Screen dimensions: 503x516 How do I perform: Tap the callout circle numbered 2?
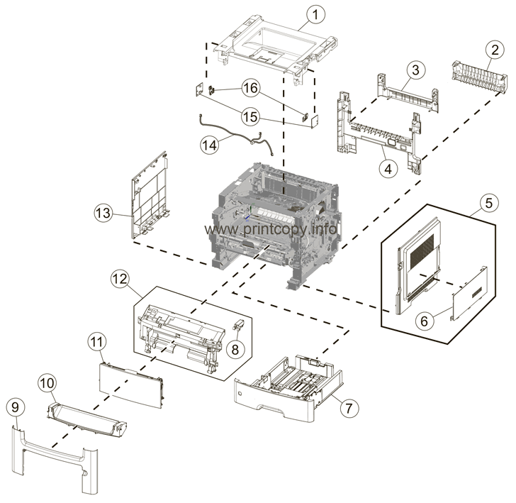tap(490, 50)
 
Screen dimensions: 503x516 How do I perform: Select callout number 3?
tap(416, 70)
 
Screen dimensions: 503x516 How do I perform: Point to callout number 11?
tap(96, 342)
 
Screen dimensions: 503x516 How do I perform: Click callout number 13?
tap(104, 211)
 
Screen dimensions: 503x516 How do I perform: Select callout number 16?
tap(249, 89)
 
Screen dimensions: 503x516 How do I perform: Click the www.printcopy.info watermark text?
tap(269, 230)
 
